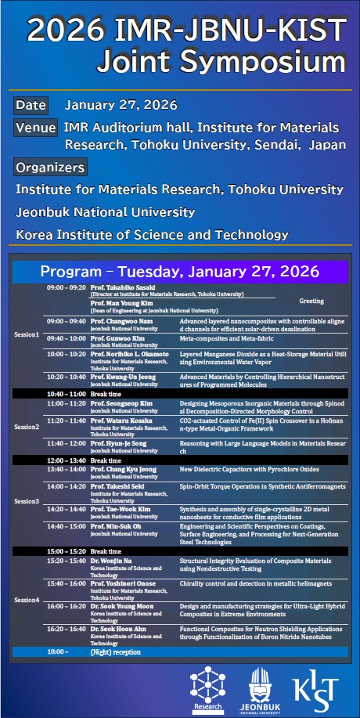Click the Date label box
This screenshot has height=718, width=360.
click(31, 105)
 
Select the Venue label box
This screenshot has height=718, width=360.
click(35, 128)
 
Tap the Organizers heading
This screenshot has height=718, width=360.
click(50, 167)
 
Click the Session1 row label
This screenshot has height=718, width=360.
click(27, 334)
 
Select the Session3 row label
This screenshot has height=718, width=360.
click(27, 500)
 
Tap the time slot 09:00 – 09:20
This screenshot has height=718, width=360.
click(66, 288)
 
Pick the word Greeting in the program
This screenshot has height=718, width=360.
click(311, 300)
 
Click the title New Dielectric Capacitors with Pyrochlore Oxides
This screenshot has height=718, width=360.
click(239, 470)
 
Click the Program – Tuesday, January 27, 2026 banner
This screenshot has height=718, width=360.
click(180, 272)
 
